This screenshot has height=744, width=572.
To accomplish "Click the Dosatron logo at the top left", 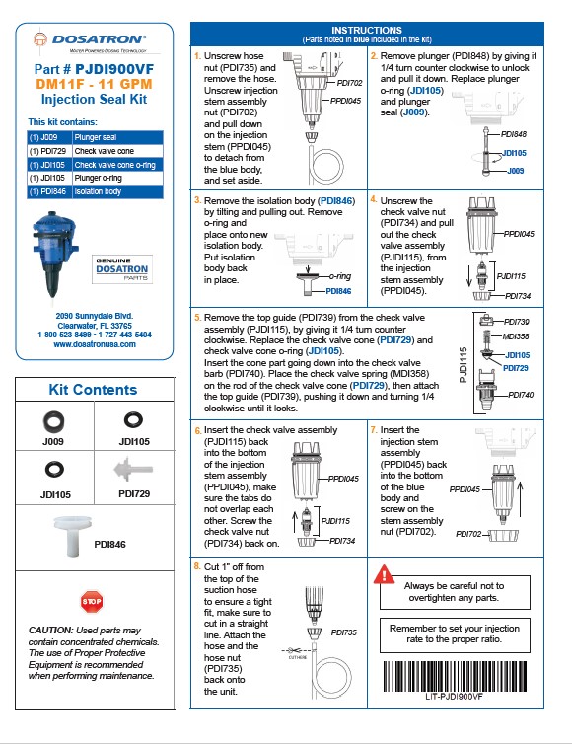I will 89,41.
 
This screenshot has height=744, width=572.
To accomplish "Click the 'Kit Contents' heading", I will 93,389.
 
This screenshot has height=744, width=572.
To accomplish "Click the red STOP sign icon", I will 92,600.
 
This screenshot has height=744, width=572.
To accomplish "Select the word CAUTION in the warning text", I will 50,630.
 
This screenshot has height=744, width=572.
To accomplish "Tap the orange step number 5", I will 198,318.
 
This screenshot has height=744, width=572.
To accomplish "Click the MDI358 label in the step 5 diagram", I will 518,336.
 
